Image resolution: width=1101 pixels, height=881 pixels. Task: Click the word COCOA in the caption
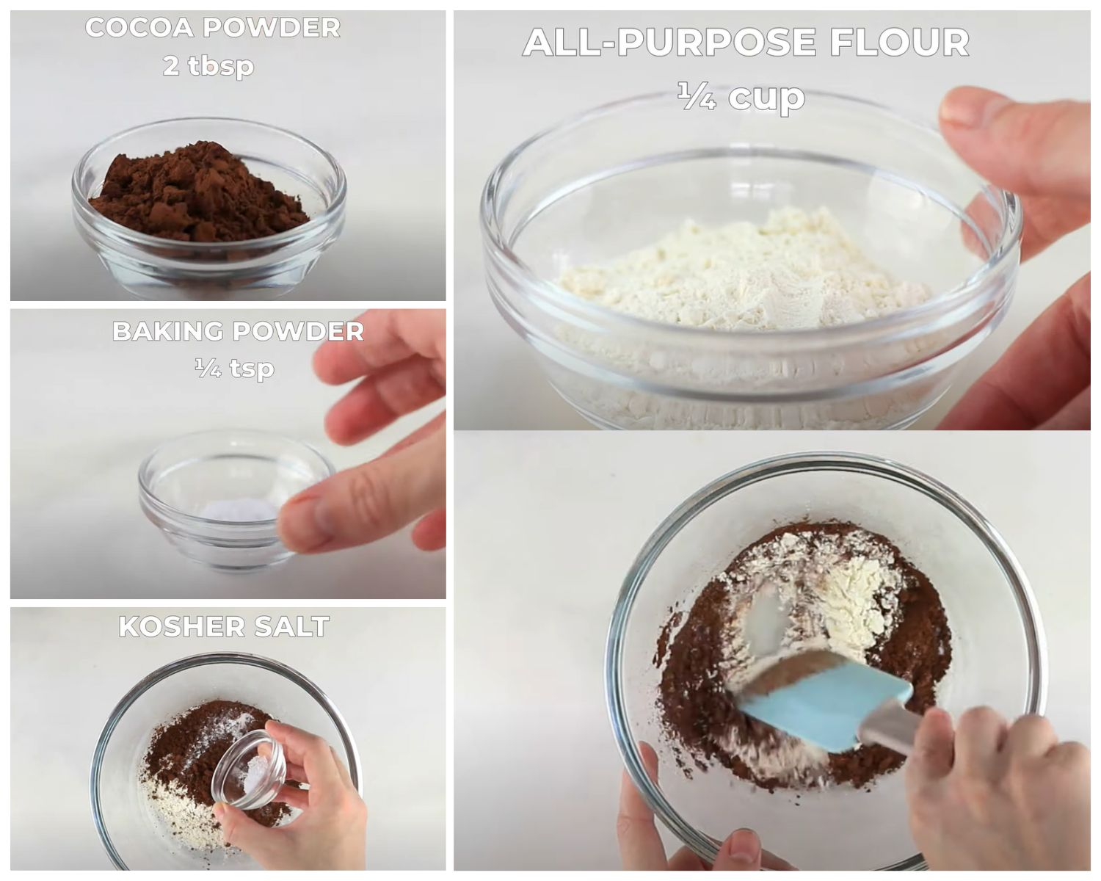pos(139,28)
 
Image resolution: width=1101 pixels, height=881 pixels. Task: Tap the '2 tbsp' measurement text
pos(208,66)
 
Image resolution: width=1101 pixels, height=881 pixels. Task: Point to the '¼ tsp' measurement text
pos(234,367)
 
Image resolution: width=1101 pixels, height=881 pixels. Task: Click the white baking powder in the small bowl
pos(239,510)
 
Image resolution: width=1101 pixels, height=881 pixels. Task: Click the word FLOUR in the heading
pos(899,43)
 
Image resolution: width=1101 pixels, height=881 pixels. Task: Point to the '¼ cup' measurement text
pos(741,96)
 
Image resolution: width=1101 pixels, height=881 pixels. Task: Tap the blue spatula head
pos(822,701)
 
